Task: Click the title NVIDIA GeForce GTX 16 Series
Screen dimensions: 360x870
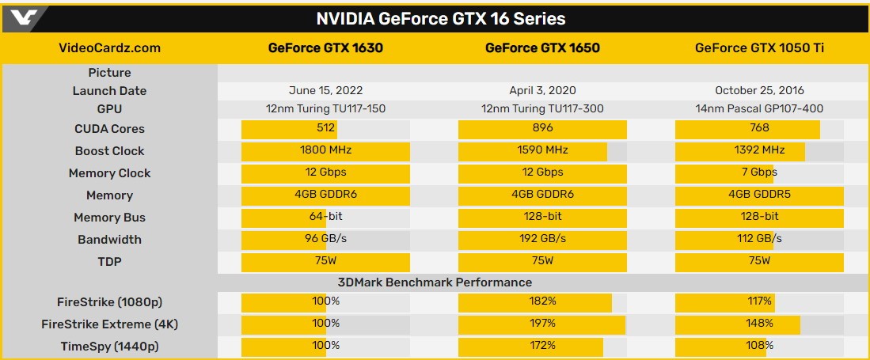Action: pyautogui.click(x=441, y=18)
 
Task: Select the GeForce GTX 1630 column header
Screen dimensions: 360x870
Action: pyautogui.click(x=325, y=47)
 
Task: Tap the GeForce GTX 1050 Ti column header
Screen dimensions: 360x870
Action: pyautogui.click(x=759, y=47)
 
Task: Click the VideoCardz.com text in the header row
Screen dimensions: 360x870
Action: pyautogui.click(x=110, y=47)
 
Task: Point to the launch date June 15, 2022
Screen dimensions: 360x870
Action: pyautogui.click(x=325, y=90)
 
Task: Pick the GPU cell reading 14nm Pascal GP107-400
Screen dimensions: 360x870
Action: pyautogui.click(x=759, y=108)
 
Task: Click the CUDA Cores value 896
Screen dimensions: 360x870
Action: pyautogui.click(x=543, y=128)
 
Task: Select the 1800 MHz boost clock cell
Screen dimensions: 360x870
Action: pyautogui.click(x=325, y=150)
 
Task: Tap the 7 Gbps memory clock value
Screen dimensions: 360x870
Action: pyautogui.click(x=759, y=172)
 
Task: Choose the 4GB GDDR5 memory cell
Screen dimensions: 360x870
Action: pyautogui.click(x=759, y=195)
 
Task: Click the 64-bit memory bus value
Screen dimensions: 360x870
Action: pyautogui.click(x=325, y=217)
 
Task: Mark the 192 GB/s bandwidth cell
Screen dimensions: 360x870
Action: pyautogui.click(x=543, y=239)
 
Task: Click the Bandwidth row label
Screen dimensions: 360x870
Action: pyautogui.click(x=110, y=239)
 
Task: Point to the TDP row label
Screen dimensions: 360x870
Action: pyautogui.click(x=110, y=261)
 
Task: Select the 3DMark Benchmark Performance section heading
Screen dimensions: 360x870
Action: pyautogui.click(x=435, y=282)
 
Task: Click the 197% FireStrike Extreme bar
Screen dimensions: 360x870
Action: pyautogui.click(x=543, y=324)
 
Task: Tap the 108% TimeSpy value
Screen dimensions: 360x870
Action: pyautogui.click(x=759, y=346)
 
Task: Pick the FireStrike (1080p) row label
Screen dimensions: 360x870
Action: pyautogui.click(x=110, y=301)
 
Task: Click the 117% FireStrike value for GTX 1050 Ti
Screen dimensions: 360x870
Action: pyautogui.click(x=759, y=301)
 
